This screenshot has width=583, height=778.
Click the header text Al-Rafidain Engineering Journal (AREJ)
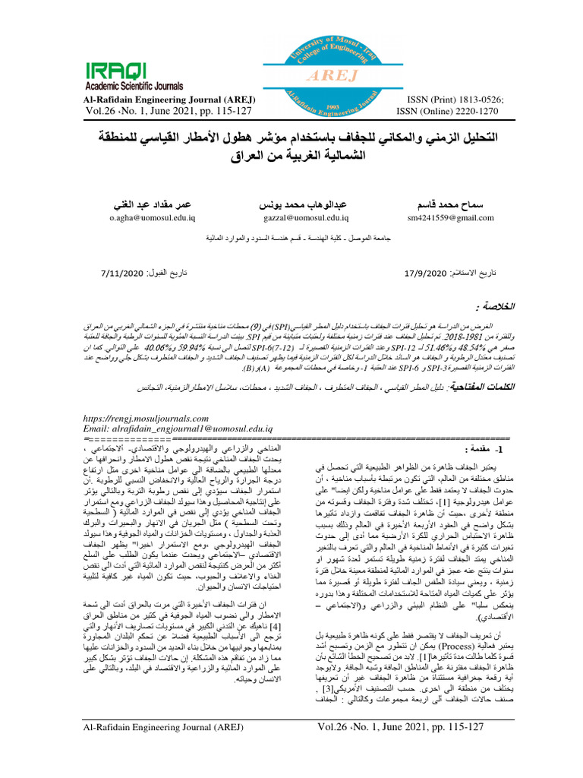[170, 99]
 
